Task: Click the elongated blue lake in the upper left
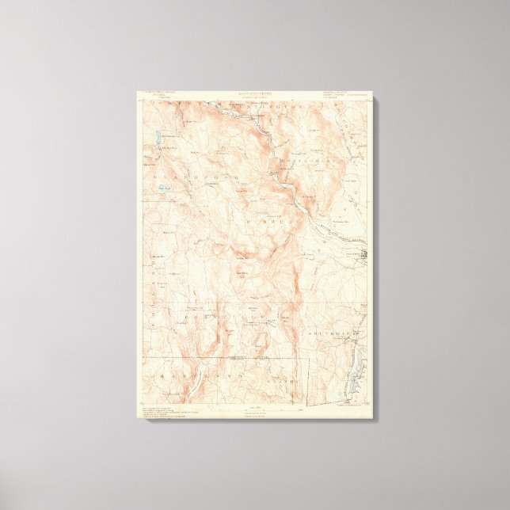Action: click(159, 138)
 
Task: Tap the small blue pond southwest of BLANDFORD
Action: click(162, 188)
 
